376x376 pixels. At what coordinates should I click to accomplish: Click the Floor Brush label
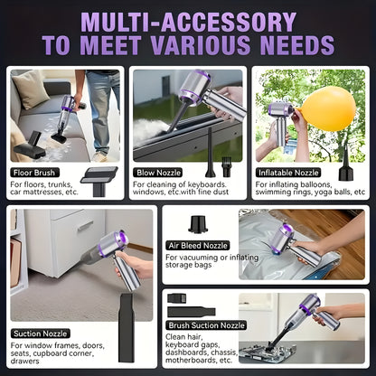(x=34, y=171)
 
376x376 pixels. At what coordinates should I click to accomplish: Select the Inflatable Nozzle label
(x=288, y=171)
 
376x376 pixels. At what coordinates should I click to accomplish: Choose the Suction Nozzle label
(x=40, y=334)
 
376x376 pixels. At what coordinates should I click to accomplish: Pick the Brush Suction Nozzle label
(x=206, y=324)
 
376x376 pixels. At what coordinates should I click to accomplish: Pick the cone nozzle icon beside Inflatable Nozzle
(x=344, y=169)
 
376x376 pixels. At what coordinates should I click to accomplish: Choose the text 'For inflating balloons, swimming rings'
(x=308, y=188)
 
